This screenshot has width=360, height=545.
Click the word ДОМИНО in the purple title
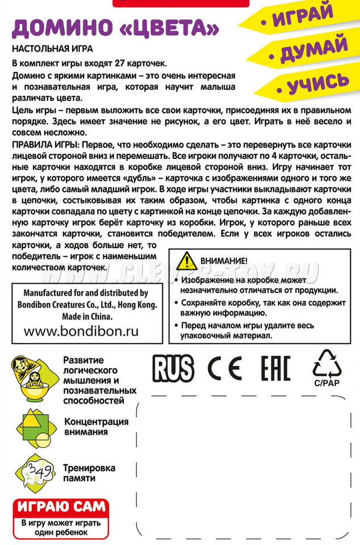(x=59, y=28)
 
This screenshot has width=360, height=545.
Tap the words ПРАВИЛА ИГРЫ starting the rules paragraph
(x=42, y=146)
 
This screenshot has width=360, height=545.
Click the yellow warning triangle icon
(x=186, y=260)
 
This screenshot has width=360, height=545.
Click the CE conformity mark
(x=225, y=369)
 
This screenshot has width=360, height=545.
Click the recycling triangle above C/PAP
(x=327, y=364)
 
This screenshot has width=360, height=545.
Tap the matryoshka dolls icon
(x=31, y=380)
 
